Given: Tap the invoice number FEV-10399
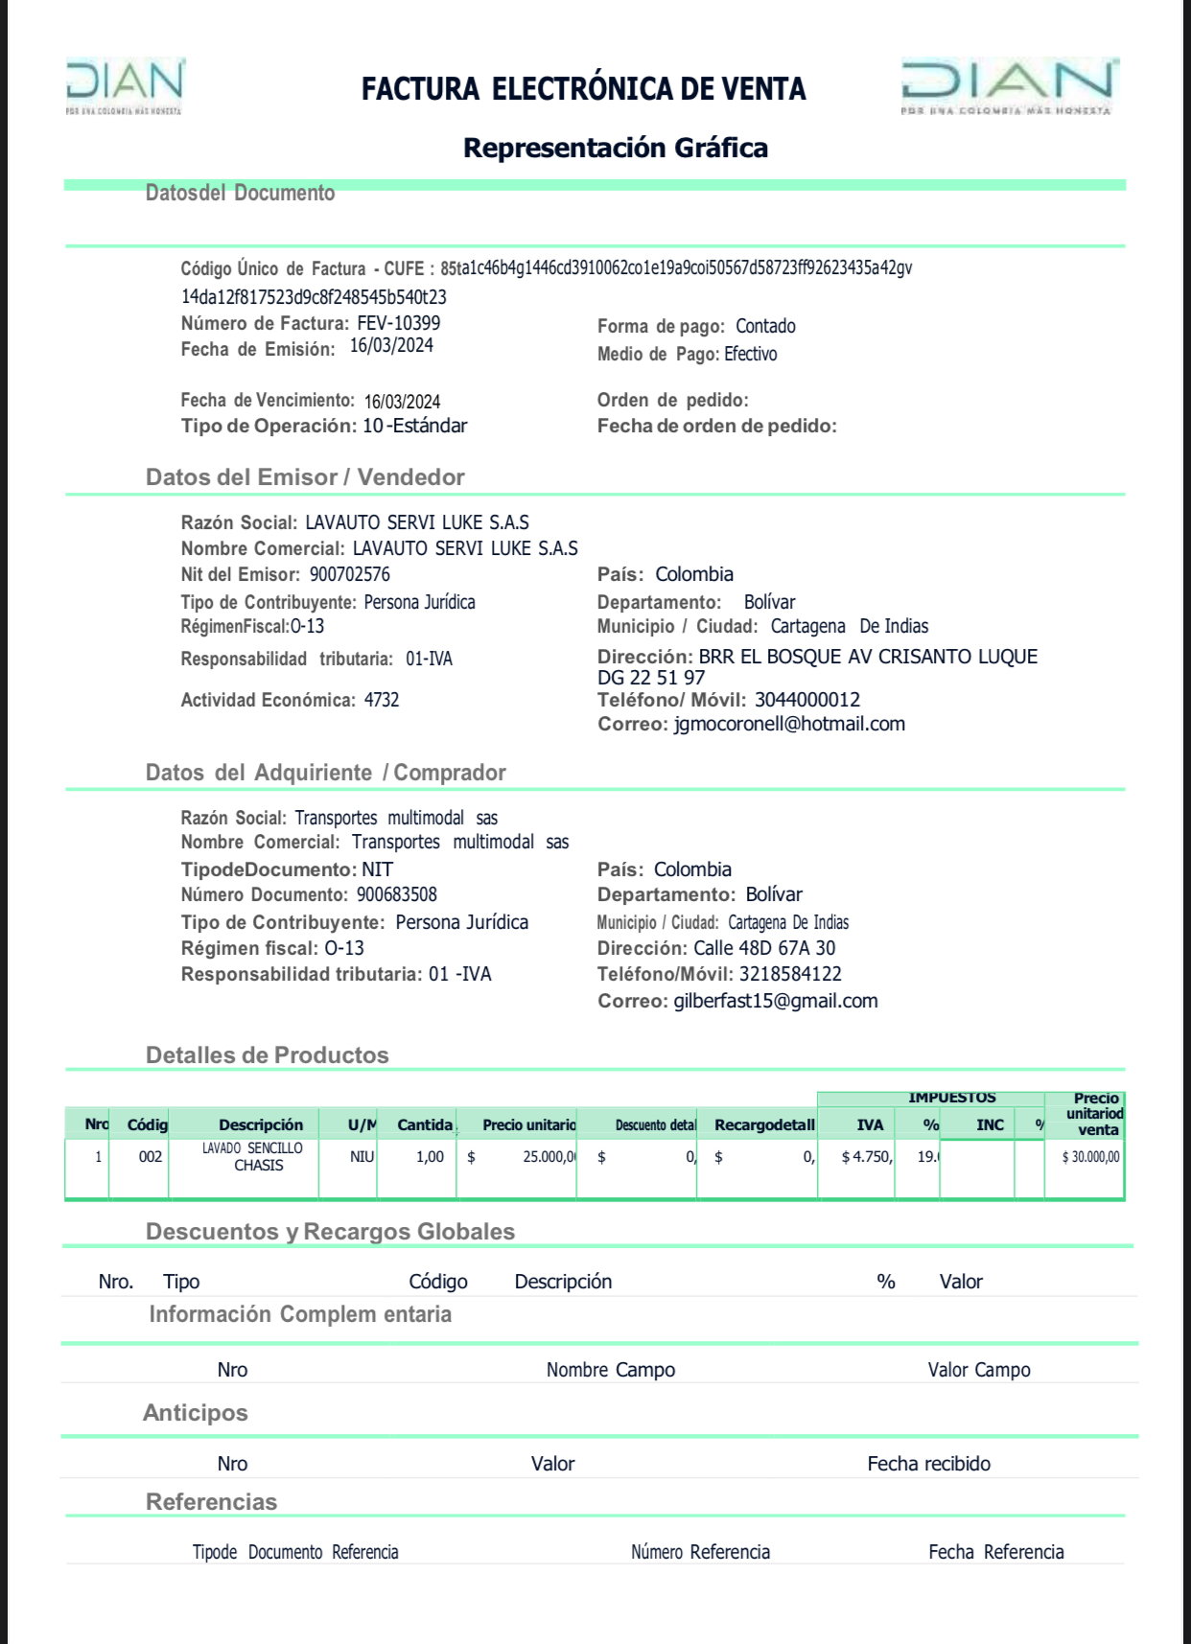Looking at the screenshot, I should click(x=399, y=323).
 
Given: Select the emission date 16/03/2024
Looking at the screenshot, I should click(x=391, y=346).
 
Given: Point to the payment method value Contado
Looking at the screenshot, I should click(x=765, y=326).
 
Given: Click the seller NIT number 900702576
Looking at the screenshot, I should click(x=350, y=574).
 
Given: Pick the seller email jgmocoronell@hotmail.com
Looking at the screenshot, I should click(x=789, y=724).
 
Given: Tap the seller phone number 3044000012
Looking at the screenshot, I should click(x=807, y=700).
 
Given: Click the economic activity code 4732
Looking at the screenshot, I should click(x=382, y=700).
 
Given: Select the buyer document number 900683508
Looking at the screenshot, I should click(x=397, y=894).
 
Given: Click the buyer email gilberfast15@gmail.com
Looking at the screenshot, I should click(x=776, y=1001).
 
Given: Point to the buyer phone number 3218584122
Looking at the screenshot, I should click(x=790, y=974).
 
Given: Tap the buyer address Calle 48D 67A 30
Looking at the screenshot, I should click(x=764, y=948).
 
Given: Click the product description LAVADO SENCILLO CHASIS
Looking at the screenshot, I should click(x=252, y=1156).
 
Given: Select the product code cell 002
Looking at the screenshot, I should click(x=151, y=1156).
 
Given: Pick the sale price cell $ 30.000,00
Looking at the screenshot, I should click(x=1090, y=1157).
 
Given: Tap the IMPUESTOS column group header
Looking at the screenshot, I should click(x=951, y=1098).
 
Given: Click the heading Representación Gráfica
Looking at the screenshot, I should click(x=616, y=148).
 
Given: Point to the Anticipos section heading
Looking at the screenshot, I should click(x=196, y=1413).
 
